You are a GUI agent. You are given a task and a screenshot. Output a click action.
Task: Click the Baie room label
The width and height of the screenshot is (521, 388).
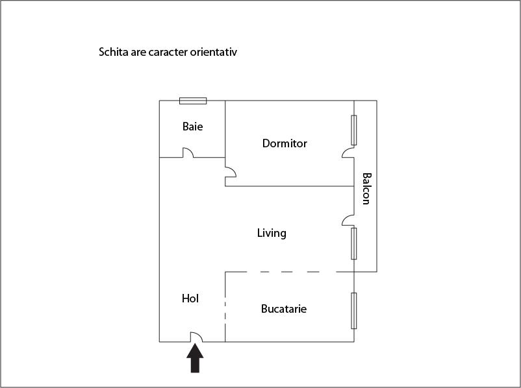(x=192, y=127)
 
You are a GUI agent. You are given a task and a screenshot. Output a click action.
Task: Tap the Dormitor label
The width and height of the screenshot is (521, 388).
(x=285, y=143)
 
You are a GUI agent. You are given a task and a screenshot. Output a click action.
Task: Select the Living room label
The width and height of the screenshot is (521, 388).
(x=272, y=233)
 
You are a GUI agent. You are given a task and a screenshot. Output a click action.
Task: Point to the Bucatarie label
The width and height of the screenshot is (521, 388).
(x=284, y=309)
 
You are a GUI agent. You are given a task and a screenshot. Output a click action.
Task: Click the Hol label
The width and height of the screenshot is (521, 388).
(x=190, y=298)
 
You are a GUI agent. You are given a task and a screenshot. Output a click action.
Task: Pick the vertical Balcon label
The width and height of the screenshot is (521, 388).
(x=366, y=188)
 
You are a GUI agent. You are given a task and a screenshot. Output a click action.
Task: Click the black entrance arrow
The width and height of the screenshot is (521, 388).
(x=195, y=358)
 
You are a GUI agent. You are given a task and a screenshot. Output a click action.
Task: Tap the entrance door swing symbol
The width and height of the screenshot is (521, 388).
(x=196, y=337)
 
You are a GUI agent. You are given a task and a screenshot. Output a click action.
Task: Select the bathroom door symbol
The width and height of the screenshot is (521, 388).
(x=188, y=153)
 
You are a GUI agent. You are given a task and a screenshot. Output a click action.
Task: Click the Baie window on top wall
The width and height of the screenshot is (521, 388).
(x=193, y=101)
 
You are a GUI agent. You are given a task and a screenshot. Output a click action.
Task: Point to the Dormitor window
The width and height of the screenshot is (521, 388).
(x=354, y=130)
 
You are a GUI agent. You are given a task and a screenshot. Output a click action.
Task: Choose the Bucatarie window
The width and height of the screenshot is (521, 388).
(x=354, y=310)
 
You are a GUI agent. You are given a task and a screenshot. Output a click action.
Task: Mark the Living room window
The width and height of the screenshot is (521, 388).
(x=354, y=243)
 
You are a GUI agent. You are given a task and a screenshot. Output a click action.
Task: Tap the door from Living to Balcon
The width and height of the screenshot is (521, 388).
(x=348, y=221)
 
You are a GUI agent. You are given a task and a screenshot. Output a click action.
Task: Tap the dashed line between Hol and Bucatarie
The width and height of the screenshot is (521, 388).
(x=225, y=306)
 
